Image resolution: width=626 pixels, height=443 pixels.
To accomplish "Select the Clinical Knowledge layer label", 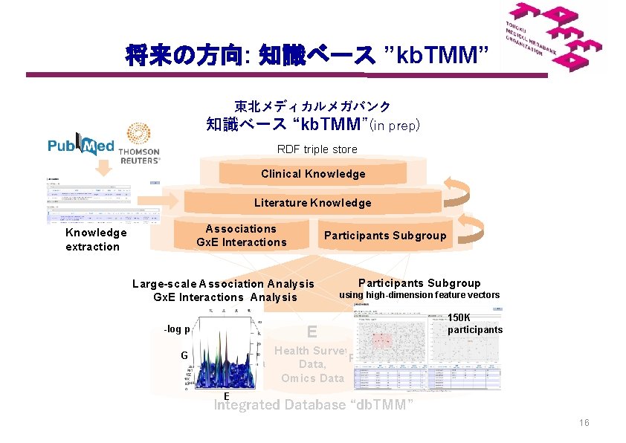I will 313,174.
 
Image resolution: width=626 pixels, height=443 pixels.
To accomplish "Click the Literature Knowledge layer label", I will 312,203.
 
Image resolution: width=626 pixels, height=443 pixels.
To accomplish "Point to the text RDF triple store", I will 317,149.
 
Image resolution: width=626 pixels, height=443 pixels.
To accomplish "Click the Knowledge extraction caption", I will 95,239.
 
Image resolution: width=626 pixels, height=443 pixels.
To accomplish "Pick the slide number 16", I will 584,423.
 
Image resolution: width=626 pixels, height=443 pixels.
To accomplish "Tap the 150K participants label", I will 474,323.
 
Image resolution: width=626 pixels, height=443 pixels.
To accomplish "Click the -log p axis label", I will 177,329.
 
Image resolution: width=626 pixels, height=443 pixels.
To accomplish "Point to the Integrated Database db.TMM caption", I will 313,405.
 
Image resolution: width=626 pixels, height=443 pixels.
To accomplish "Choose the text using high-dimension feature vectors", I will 419,295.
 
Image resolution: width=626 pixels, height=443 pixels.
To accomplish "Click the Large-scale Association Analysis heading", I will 223,283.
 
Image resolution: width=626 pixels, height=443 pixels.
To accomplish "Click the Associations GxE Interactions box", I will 241,236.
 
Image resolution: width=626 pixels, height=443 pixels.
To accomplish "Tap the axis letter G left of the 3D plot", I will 184,355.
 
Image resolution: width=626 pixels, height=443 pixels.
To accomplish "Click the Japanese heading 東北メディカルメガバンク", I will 312,107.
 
